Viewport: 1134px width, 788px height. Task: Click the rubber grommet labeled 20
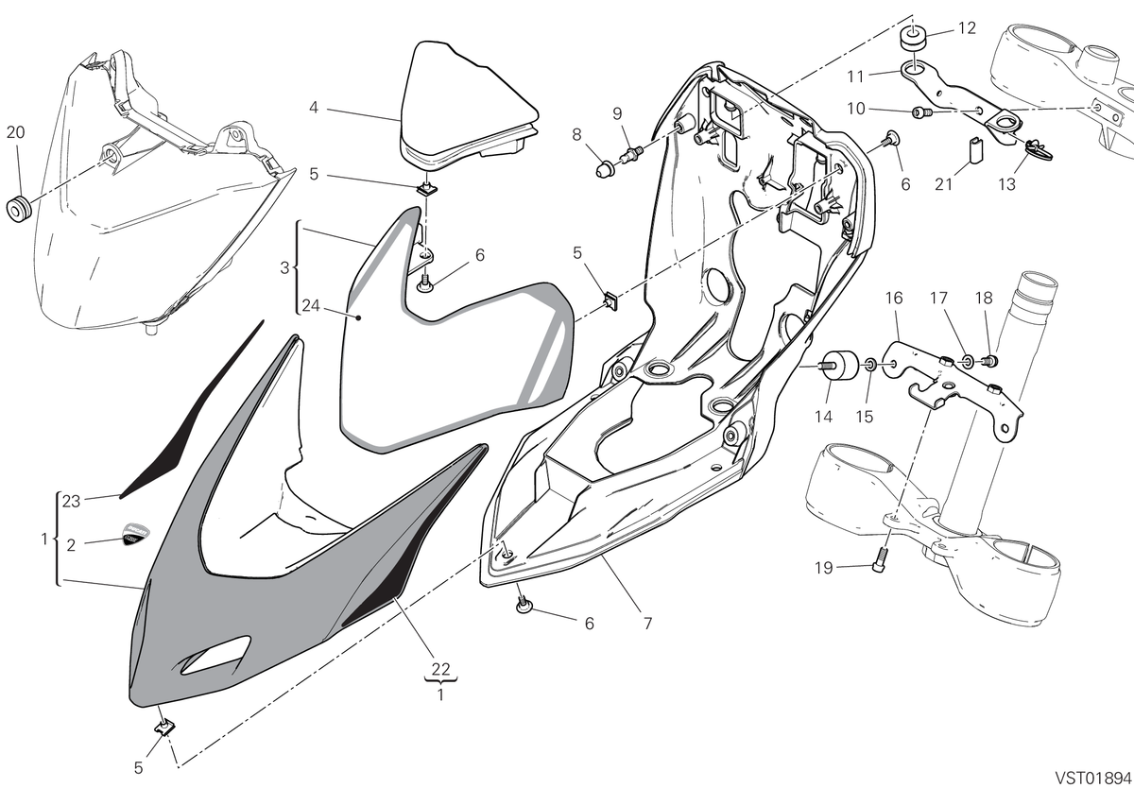(18, 209)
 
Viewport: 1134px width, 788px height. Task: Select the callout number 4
(314, 108)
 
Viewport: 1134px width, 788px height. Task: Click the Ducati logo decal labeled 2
(136, 535)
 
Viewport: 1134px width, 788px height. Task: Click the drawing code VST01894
(1092, 777)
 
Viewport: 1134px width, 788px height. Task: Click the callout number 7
(647, 623)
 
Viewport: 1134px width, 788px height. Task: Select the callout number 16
(894, 298)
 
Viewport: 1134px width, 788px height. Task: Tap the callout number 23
(72, 501)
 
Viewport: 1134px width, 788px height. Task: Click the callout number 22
(441, 669)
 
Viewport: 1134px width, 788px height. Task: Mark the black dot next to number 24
(358, 317)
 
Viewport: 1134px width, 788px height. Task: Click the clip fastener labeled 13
(1039, 151)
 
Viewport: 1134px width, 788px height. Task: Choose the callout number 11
(855, 77)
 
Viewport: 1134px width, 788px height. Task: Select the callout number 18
(984, 298)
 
